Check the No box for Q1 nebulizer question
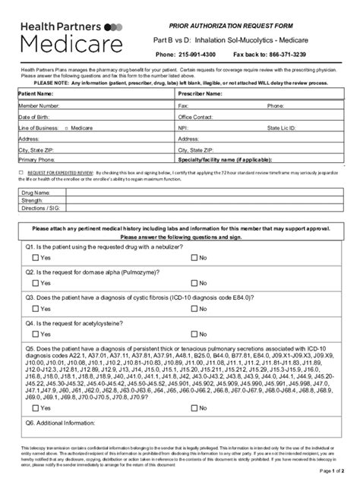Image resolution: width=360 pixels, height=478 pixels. pos(194,259)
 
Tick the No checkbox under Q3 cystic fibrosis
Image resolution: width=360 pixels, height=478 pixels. pos(194,308)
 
